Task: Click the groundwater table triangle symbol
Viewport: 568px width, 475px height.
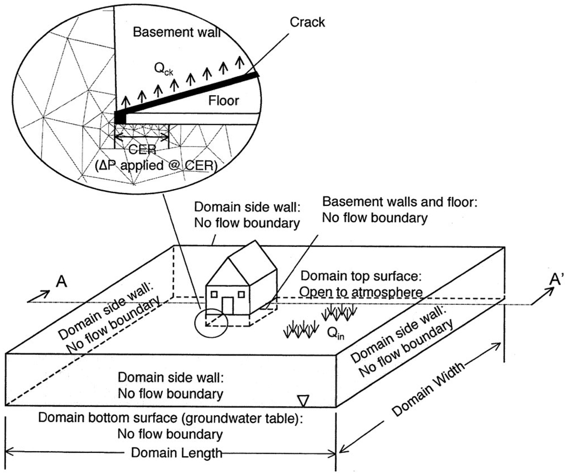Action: coord(303,400)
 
